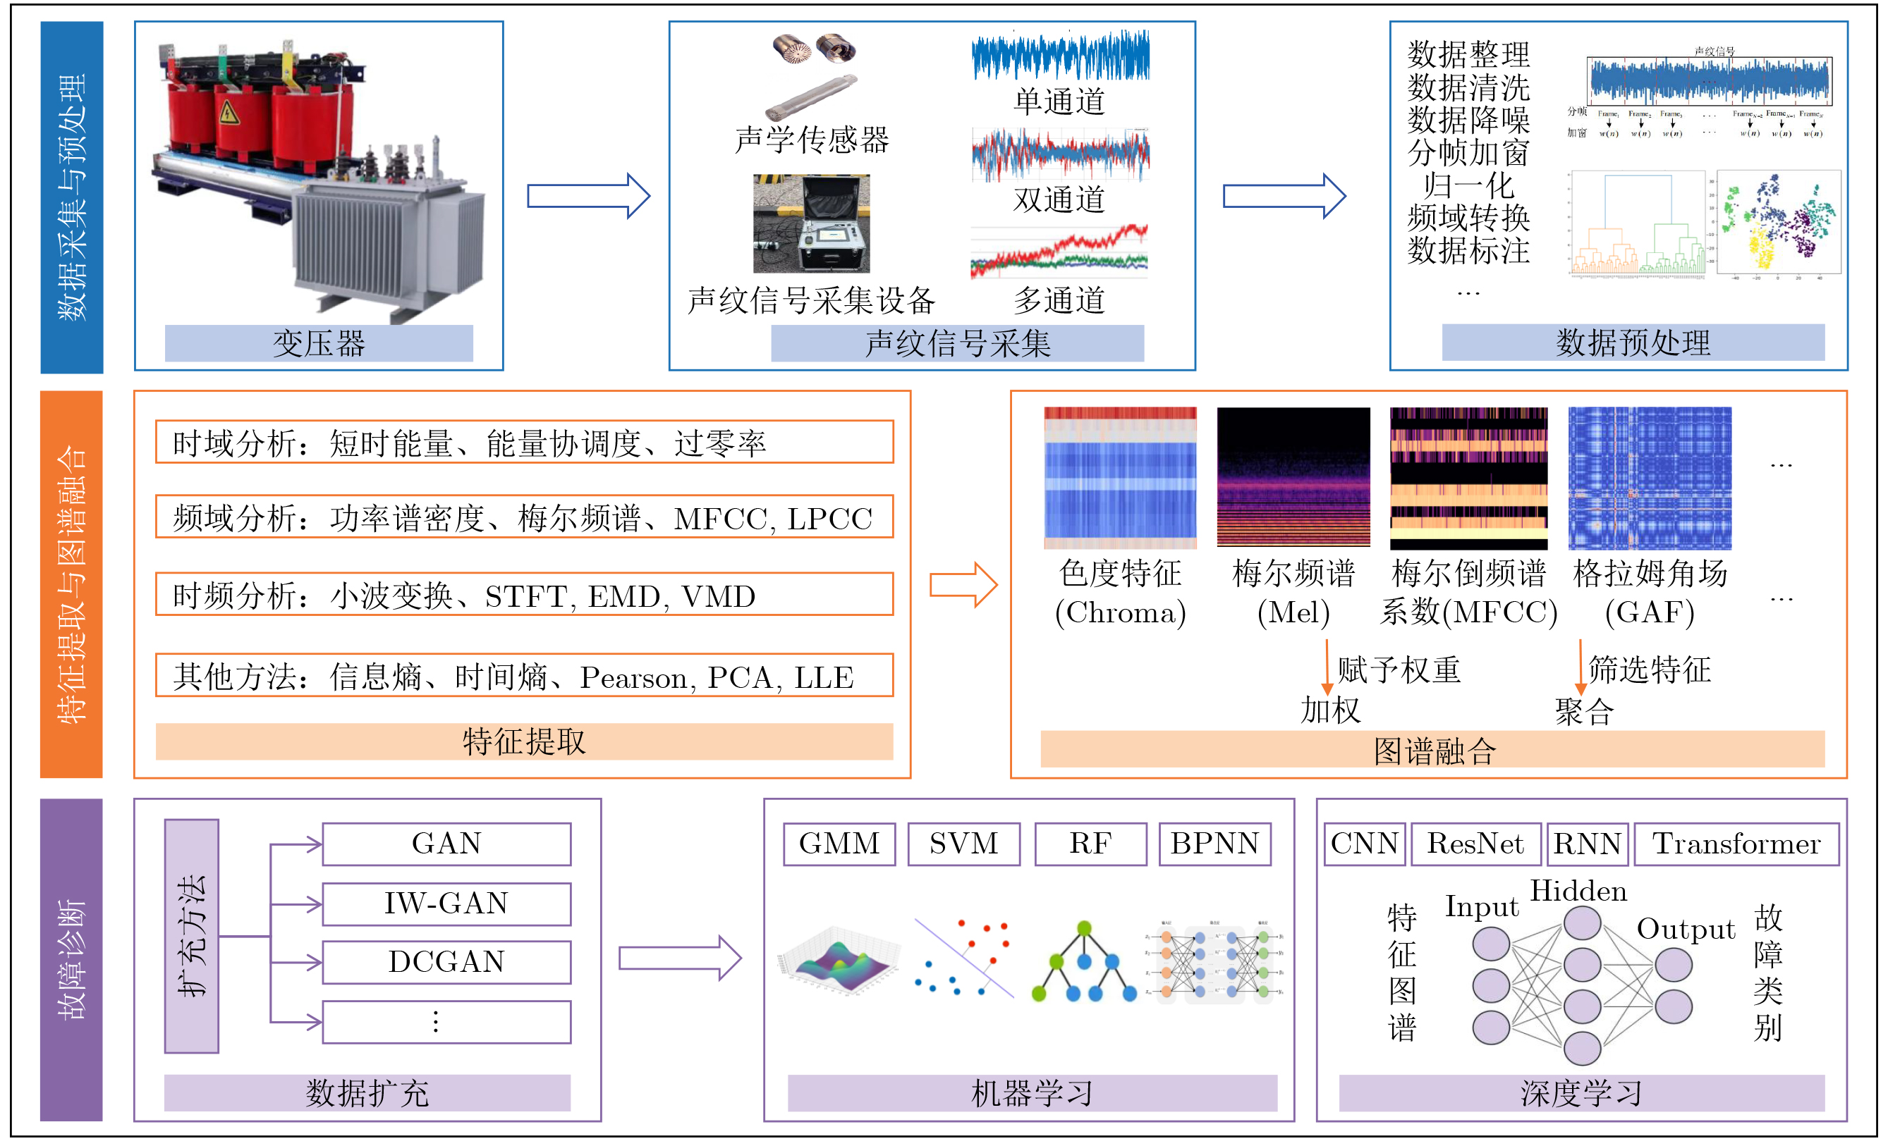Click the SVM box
[x=963, y=844]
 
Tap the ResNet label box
[x=1475, y=844]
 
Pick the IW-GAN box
[x=446, y=903]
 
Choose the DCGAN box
[x=446, y=962]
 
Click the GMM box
[x=839, y=844]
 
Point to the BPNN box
[x=1214, y=844]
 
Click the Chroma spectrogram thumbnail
[x=1119, y=478]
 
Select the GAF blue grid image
[x=1649, y=478]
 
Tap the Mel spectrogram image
[x=1293, y=478]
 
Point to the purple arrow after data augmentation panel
[x=679, y=958]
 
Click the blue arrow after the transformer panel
[x=587, y=196]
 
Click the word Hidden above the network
[x=1578, y=892]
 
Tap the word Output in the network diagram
[x=1685, y=929]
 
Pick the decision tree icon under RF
[x=1083, y=962]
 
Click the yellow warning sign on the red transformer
[x=228, y=113]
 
